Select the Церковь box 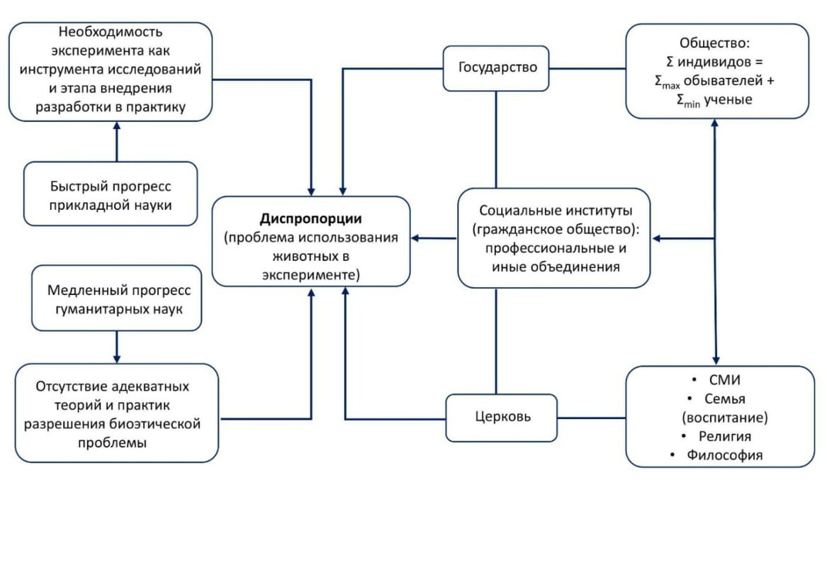pos(502,417)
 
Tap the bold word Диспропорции pos(311,218)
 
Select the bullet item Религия pos(724,436)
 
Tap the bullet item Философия pos(724,455)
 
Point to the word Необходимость pos(111,33)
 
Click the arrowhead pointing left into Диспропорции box pos(416,238)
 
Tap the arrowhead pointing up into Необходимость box pos(117,126)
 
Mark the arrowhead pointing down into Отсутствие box pos(117,358)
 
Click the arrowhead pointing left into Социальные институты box pos(656,238)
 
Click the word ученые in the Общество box pos(726,100)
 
